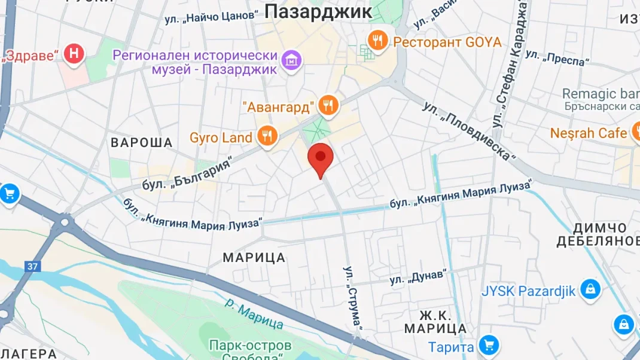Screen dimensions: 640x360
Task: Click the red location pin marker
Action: pos(320,158)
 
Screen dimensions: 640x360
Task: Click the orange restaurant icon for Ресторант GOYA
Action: pos(377,41)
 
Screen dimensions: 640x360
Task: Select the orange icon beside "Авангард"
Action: pos(328,106)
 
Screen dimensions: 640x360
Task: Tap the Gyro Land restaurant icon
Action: pos(267,136)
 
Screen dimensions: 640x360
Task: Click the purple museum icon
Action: pos(292,60)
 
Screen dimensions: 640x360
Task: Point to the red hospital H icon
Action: pos(74,53)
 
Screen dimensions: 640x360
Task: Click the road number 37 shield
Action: pos(33,266)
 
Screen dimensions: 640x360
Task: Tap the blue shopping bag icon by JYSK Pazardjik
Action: pos(590,290)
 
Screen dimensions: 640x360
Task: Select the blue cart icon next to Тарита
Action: pos(489,344)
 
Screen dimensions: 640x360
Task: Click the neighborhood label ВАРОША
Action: pos(142,142)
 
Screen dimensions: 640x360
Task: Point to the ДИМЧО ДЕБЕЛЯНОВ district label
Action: pos(598,234)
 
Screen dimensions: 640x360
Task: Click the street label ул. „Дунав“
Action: pos(418,277)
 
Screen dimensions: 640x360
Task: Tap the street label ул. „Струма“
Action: pos(353,297)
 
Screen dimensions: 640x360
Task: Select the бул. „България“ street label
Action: pos(187,175)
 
